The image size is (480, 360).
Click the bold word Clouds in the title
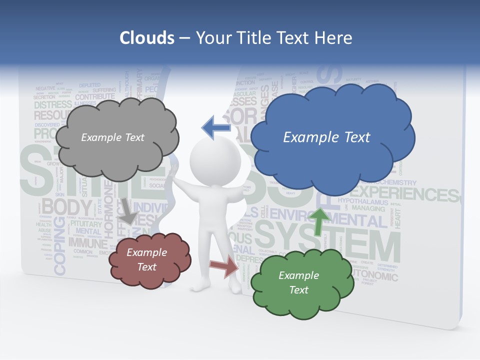click(147, 38)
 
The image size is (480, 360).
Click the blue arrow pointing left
click(216, 127)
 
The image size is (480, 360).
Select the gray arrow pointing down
click(127, 210)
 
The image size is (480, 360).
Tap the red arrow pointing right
click(224, 266)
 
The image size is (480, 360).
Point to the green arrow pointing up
click(318, 220)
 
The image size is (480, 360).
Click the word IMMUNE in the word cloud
click(87, 243)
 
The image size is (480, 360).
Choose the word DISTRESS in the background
click(53, 104)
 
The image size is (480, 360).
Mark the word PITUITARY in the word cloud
click(86, 223)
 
